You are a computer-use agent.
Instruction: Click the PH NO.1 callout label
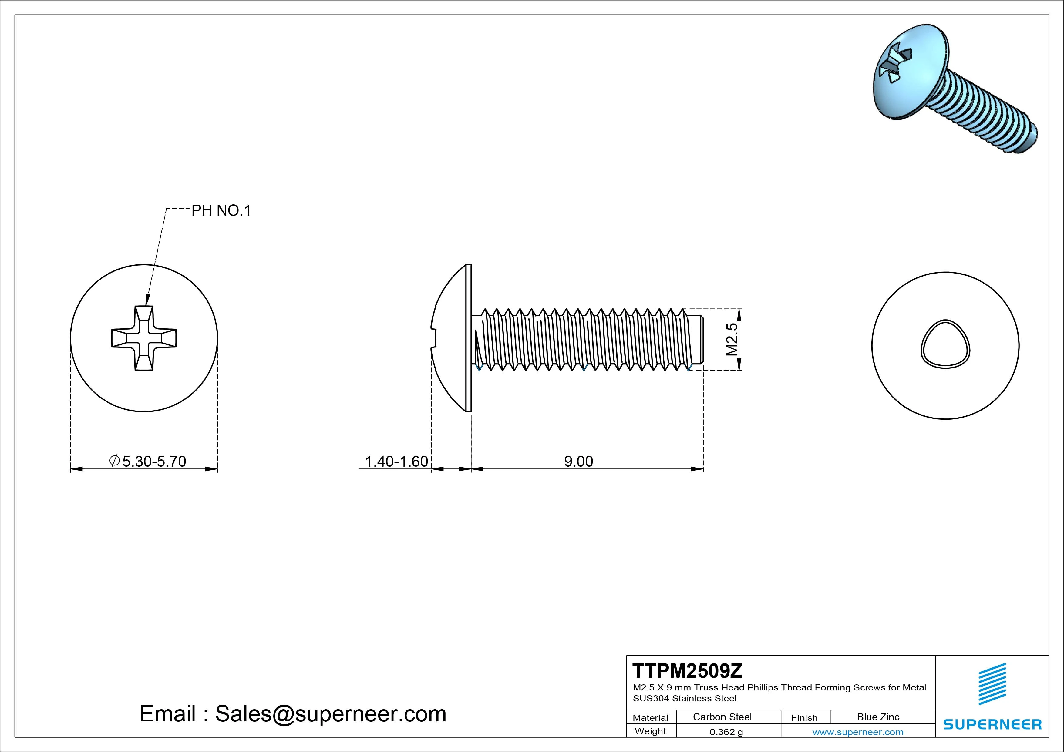[221, 211]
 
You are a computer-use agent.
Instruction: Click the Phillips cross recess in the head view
[144, 338]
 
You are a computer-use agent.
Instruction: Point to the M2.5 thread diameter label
[732, 339]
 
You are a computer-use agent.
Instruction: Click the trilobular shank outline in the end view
[945, 344]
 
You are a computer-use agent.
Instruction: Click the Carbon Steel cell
[722, 717]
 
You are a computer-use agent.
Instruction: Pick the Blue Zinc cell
[878, 717]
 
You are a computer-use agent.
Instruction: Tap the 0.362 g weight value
[726, 732]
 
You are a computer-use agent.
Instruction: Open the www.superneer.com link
[858, 732]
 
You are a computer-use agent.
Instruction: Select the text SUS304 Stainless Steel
[685, 698]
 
